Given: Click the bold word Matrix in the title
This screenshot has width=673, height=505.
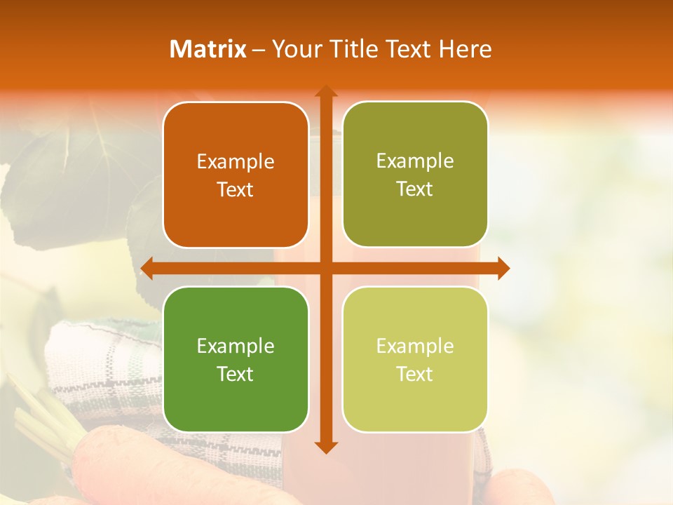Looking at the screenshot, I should point(208,49).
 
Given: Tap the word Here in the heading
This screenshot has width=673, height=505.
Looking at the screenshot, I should point(465,49).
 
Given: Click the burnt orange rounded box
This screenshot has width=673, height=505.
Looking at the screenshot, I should point(236,175).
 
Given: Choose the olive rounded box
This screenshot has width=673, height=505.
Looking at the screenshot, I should point(415,174).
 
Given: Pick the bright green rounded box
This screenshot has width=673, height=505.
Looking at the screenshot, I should point(236,359).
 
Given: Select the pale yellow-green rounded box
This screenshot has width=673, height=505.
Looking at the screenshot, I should point(415,359).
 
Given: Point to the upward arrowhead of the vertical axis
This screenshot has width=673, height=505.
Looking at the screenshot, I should point(325,91).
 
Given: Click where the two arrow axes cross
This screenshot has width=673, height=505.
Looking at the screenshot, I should point(325,268).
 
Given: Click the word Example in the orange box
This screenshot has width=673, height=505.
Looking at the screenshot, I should point(236,161).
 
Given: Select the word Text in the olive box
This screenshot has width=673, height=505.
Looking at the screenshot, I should point(415,189).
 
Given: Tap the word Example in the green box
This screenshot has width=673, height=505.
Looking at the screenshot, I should point(236,346).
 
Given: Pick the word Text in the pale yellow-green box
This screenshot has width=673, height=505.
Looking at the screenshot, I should point(415,374).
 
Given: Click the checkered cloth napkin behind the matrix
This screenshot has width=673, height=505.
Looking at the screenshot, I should point(105,365).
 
